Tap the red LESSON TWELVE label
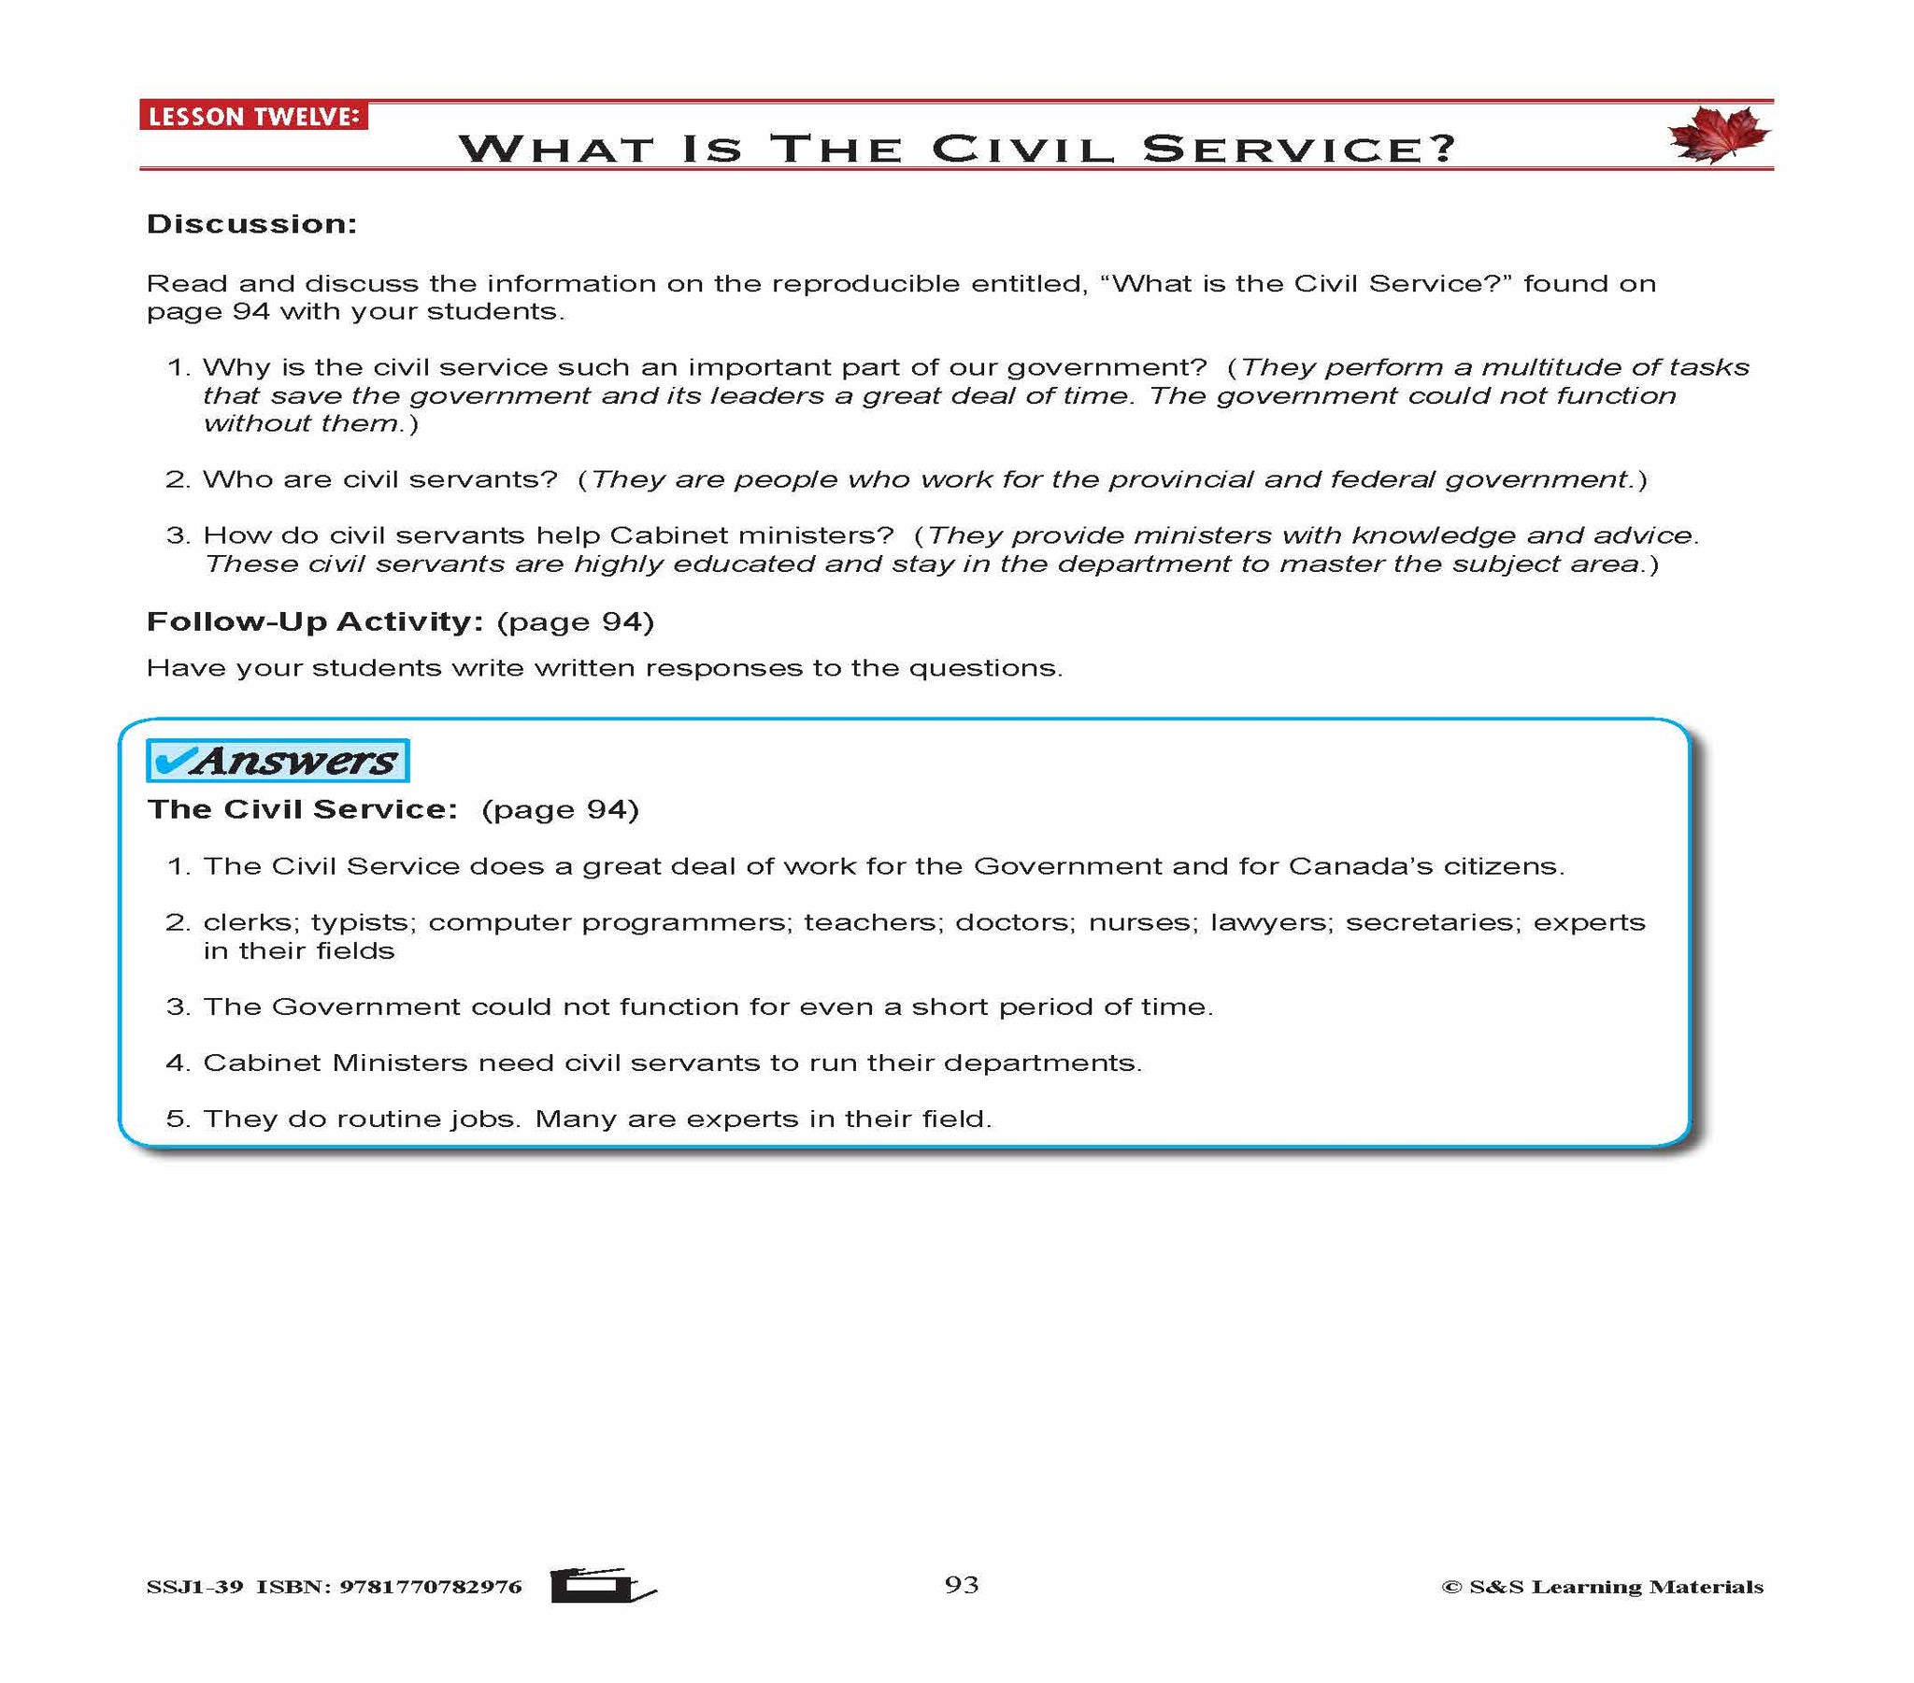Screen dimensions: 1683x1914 click(x=254, y=116)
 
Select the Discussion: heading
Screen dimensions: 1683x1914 click(x=252, y=225)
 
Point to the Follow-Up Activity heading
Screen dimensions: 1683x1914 click(x=315, y=621)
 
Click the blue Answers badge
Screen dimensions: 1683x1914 click(x=279, y=761)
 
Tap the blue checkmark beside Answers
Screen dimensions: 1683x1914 click(x=171, y=760)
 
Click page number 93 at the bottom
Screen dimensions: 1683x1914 click(x=962, y=1584)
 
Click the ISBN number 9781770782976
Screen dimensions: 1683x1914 click(x=431, y=1587)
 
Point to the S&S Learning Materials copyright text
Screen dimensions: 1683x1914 click(x=1602, y=1587)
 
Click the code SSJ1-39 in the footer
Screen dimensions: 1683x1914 click(x=194, y=1587)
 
